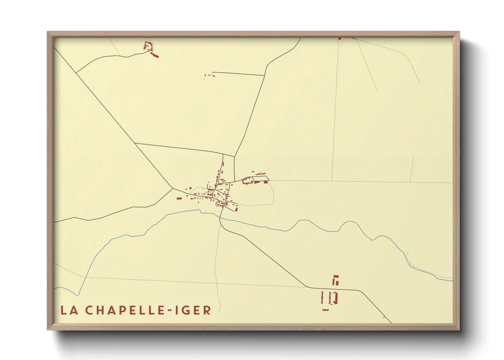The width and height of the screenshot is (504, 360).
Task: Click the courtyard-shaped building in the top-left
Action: pos(148,46)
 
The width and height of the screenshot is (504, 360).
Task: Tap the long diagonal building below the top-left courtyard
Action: pos(155,55)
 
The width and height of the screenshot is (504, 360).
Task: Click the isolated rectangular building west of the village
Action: pos(179,198)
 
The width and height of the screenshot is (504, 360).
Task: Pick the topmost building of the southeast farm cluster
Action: pos(336,276)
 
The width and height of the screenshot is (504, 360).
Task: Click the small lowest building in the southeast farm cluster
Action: pos(326,310)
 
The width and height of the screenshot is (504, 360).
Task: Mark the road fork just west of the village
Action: pos(173,188)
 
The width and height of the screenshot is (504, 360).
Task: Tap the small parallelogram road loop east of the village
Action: pos(261,178)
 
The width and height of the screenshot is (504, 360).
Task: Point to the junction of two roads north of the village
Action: pos(235,157)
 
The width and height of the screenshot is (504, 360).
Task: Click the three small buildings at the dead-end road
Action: pos(209,76)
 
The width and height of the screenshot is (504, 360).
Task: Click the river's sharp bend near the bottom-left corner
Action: pos(78,295)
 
